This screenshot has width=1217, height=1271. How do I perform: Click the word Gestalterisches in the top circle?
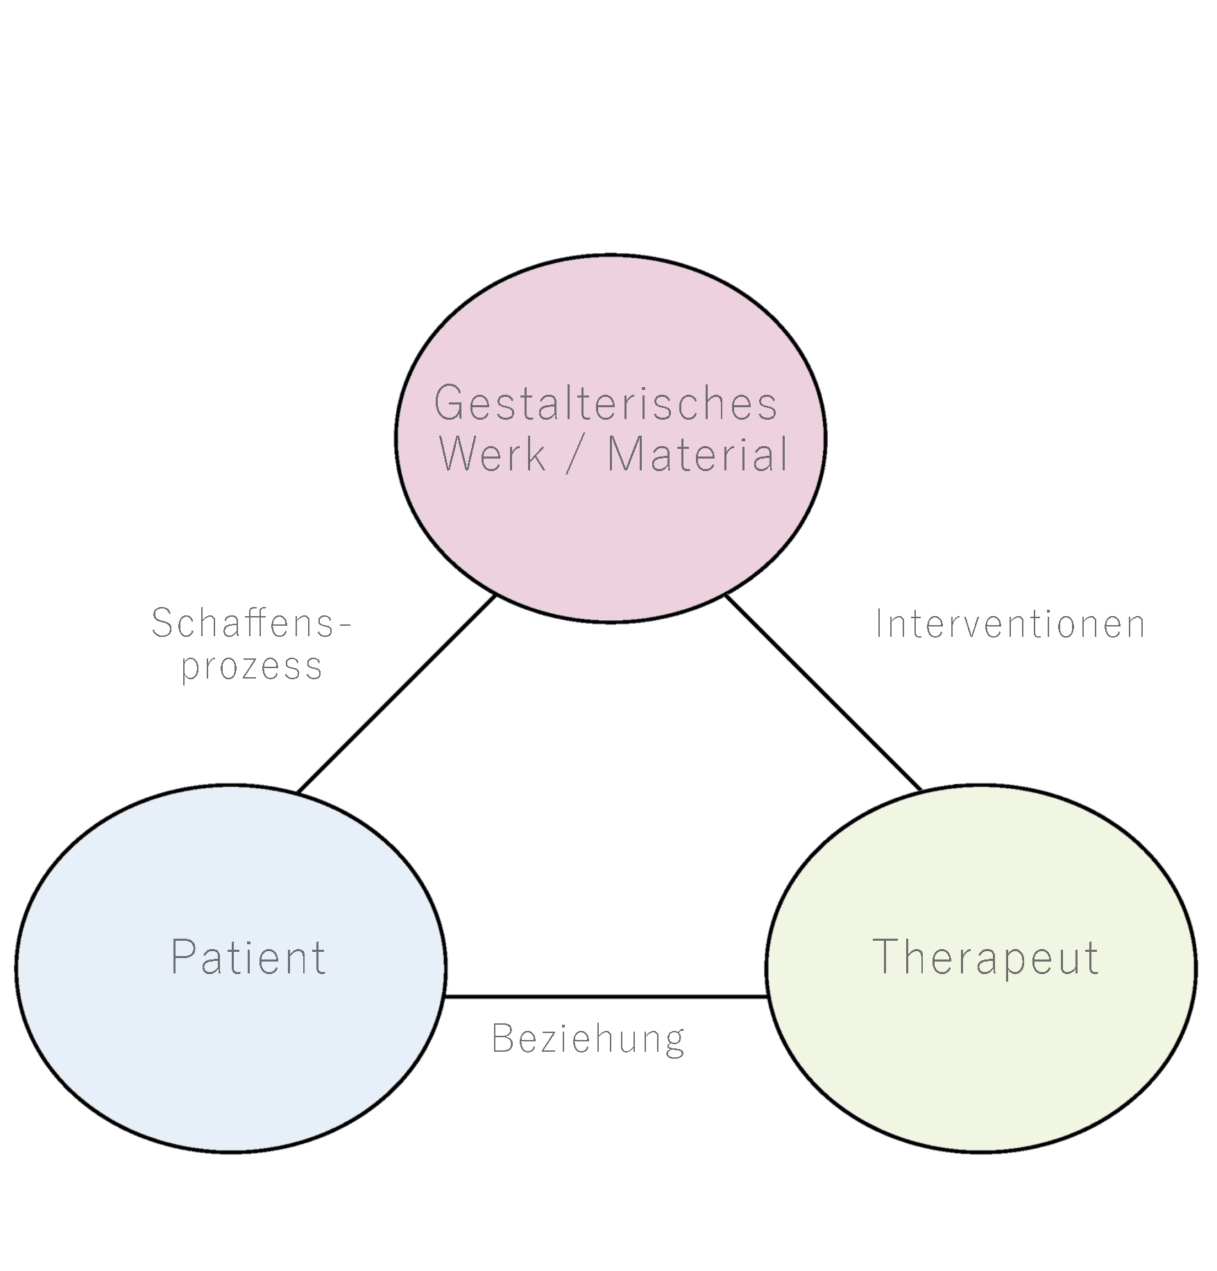point(606,403)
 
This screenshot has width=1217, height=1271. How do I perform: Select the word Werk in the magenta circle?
point(493,455)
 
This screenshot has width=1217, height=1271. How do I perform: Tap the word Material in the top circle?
point(697,455)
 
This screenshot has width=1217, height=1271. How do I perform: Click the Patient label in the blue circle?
point(248,958)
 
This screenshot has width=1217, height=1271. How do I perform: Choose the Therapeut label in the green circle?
point(985,958)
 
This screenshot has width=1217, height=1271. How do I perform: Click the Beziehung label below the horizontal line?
point(588,1039)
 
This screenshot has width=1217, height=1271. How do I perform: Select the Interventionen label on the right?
point(1010,624)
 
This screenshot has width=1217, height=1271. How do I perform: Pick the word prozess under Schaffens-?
point(251,666)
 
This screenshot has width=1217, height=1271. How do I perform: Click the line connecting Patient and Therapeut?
point(606,997)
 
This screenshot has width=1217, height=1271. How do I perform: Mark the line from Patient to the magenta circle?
point(395,694)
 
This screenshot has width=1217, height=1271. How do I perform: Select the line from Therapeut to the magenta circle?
point(823,692)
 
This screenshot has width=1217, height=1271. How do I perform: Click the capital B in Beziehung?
point(501,1039)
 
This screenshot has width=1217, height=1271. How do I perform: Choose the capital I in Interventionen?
point(880,624)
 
